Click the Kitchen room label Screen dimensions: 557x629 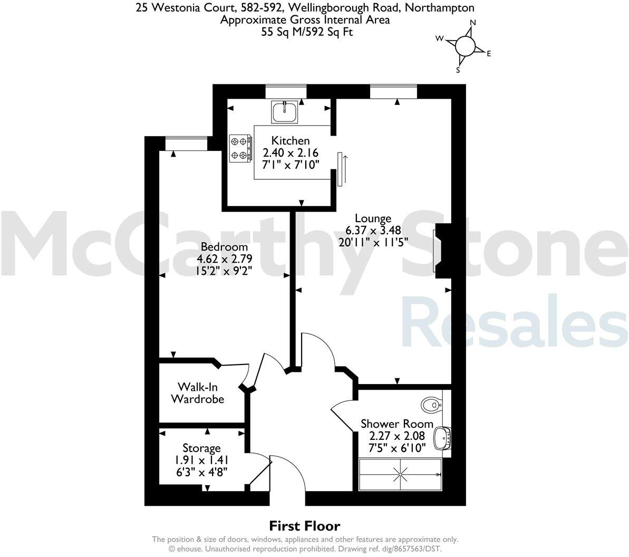point(290,141)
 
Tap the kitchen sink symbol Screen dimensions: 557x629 point(285,111)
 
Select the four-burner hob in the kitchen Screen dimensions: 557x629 point(240,148)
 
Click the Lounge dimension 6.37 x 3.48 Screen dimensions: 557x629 point(373,231)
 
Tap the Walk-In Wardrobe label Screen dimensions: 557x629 point(197,393)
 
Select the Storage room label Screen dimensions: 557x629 point(201,448)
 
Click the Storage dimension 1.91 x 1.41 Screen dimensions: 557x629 point(201,460)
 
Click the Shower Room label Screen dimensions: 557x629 point(396,424)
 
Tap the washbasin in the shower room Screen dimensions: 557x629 point(442,438)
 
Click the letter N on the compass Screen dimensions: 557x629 point(473,23)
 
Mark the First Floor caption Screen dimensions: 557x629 point(305,526)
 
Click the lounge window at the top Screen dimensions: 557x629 point(393,92)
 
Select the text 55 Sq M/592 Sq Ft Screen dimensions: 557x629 point(307,32)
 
